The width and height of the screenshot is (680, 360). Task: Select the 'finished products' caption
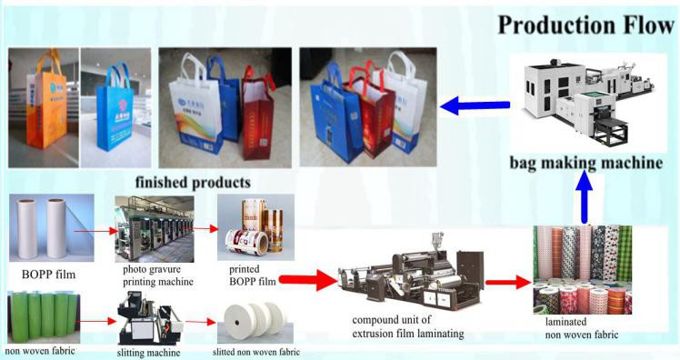pyautogui.click(x=193, y=181)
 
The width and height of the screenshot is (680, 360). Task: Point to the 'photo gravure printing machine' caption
pyautogui.click(x=155, y=275)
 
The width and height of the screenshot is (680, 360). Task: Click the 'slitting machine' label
pyautogui.click(x=148, y=352)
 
